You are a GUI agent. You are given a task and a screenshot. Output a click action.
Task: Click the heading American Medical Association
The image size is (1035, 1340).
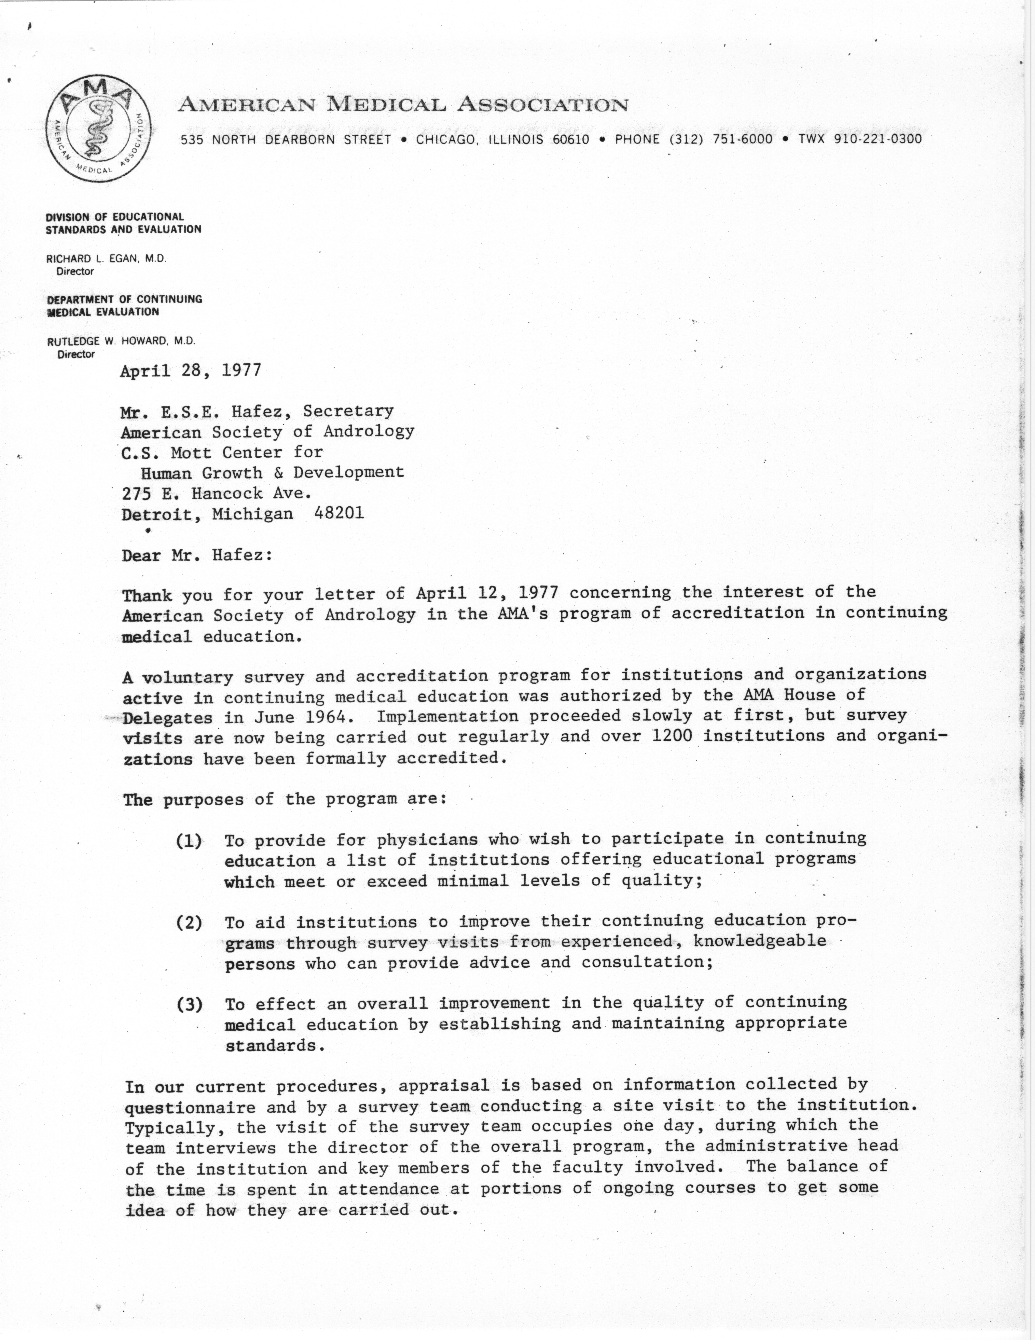403,105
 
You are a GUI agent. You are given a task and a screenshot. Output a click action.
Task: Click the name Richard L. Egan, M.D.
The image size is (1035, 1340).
106,259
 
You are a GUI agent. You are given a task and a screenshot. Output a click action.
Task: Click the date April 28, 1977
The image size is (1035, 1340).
191,371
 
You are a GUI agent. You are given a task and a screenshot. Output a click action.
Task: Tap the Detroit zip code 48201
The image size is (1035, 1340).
339,513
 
